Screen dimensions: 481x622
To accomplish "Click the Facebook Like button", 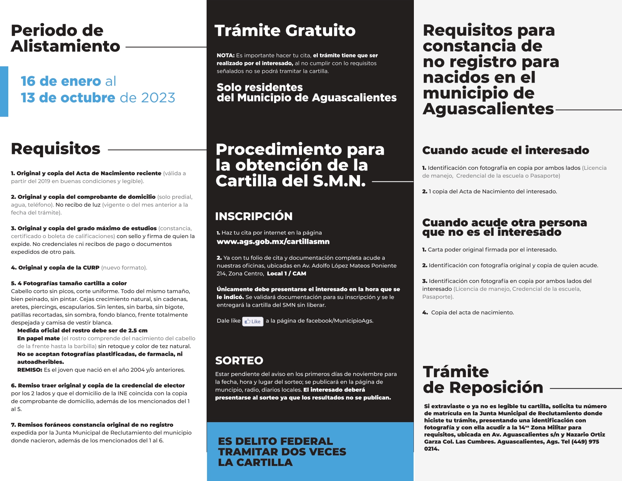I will pos(253,321).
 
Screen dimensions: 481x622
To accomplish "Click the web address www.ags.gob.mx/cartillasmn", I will pos(273,241).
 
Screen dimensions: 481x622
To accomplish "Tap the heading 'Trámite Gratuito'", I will pos(285,31).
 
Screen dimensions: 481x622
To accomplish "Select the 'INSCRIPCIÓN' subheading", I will pos(254,216).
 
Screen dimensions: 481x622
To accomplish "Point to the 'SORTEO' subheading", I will pos(239,360).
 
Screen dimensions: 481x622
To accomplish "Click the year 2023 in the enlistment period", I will pos(158,98).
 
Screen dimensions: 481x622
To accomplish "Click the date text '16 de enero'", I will pos(61,81).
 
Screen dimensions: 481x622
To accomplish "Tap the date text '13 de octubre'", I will pos(68,98).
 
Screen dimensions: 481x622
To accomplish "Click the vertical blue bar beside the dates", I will pos(4,91).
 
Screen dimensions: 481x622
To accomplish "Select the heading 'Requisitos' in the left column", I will pos(55,149).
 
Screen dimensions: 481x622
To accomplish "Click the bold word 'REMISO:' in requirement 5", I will pos(30,370).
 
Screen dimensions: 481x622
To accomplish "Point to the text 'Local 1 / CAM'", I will pos(286,274).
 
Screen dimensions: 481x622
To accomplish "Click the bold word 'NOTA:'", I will pos(225,55).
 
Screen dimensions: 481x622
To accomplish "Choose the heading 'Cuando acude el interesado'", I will pos(506,150).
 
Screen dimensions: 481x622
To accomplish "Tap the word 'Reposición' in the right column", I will pos(496,387).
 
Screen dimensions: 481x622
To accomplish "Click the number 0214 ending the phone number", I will pos(432,449).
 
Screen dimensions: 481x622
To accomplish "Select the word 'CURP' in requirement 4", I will pos(91,267).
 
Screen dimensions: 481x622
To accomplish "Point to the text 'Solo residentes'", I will pos(260,87).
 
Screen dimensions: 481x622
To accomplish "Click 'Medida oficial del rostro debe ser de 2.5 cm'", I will pos(82,330).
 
